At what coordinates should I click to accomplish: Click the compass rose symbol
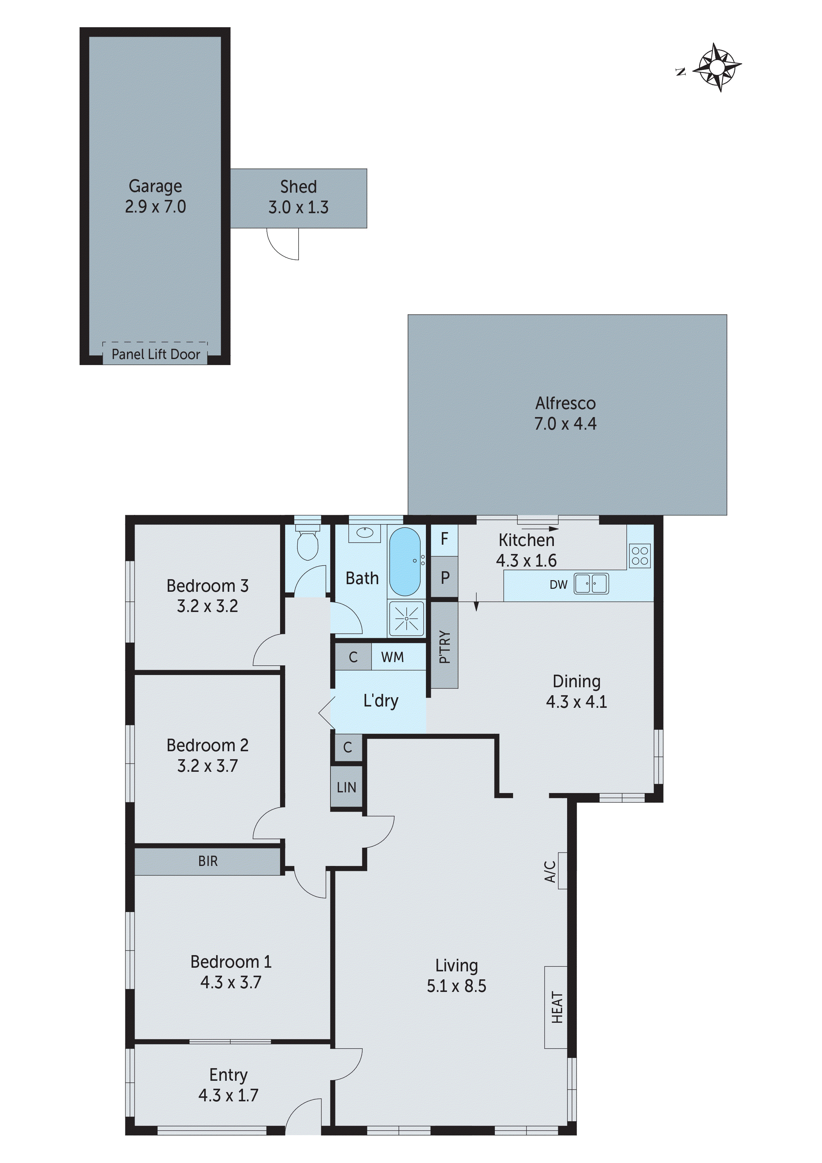tap(717, 67)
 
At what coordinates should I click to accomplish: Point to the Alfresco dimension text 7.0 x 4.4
tap(565, 423)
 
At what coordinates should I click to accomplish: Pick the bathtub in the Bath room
tap(405, 561)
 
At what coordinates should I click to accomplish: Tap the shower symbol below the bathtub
tap(406, 619)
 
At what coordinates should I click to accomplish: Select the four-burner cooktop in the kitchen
tap(640, 556)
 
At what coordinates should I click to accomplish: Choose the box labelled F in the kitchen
tap(444, 539)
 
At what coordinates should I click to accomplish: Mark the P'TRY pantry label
tap(444, 647)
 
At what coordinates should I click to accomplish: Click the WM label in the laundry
tap(392, 657)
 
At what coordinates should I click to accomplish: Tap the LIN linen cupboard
tap(346, 787)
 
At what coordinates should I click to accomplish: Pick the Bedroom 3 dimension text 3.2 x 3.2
tap(207, 606)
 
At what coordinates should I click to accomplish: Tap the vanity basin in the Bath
tap(365, 532)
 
